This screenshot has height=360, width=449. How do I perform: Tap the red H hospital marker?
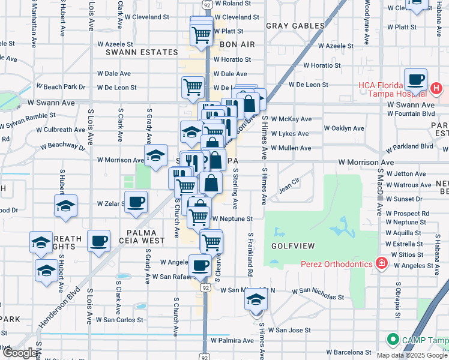pos(436,90)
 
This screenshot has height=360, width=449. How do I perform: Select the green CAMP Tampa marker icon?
pos(393,340)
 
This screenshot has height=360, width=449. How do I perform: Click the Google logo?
pos(20,352)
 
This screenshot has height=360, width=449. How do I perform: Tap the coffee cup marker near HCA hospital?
pos(415,80)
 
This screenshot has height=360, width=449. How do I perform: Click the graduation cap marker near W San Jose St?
pos(256,299)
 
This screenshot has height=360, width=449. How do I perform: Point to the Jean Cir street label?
pos(289,190)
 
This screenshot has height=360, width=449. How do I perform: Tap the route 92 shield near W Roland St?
pos(206,4)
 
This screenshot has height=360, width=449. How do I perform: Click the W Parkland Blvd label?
pos(409,146)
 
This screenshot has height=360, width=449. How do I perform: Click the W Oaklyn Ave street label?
pos(343,128)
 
